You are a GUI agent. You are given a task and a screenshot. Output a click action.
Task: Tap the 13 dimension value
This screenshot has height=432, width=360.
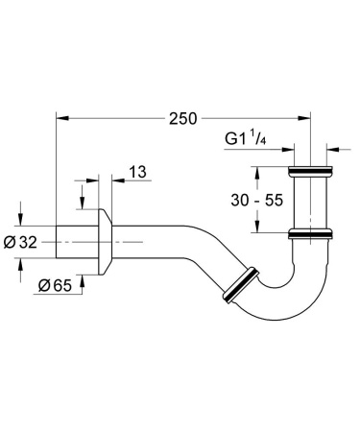(x=136, y=172)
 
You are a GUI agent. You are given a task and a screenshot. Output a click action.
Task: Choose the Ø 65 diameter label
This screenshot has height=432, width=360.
(x=54, y=285)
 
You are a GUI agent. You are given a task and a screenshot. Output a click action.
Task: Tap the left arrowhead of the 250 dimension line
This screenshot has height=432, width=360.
(x=60, y=119)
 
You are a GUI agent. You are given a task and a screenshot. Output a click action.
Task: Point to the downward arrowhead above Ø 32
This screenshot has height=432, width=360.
(x=18, y=219)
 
